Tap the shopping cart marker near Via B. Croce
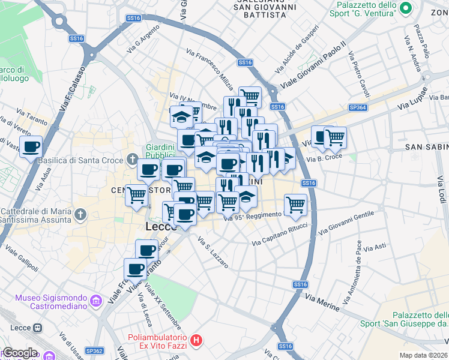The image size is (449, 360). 335,137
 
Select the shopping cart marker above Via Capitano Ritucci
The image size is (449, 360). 295,205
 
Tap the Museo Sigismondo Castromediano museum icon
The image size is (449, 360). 95,300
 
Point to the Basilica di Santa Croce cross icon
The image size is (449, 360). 132,160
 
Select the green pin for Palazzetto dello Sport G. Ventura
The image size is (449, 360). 405,8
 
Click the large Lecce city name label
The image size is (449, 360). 160,227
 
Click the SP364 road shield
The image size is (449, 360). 357,107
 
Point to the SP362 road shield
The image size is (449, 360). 94,350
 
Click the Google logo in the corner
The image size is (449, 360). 20,353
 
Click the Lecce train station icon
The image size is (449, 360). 38,328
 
